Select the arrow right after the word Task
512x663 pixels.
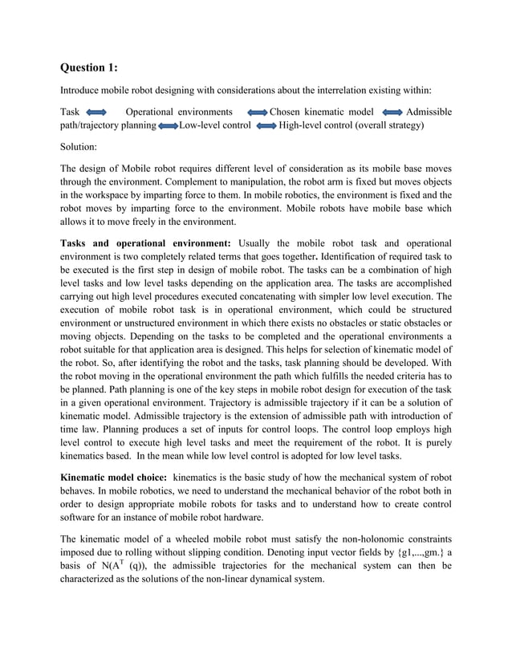click(95, 112)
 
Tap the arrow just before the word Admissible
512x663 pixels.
click(392, 112)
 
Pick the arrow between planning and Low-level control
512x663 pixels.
click(169, 126)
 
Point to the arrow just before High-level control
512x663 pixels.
click(266, 126)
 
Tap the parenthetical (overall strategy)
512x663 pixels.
click(388, 125)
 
